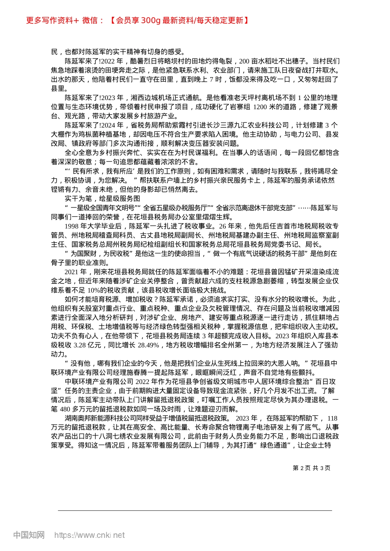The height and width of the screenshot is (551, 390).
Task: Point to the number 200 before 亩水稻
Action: [x=244, y=61]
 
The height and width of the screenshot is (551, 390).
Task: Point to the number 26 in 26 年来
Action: [x=223, y=226]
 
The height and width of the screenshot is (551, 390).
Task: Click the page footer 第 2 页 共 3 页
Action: [x=311, y=468]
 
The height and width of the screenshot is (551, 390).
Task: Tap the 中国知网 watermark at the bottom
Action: [x=29, y=535]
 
